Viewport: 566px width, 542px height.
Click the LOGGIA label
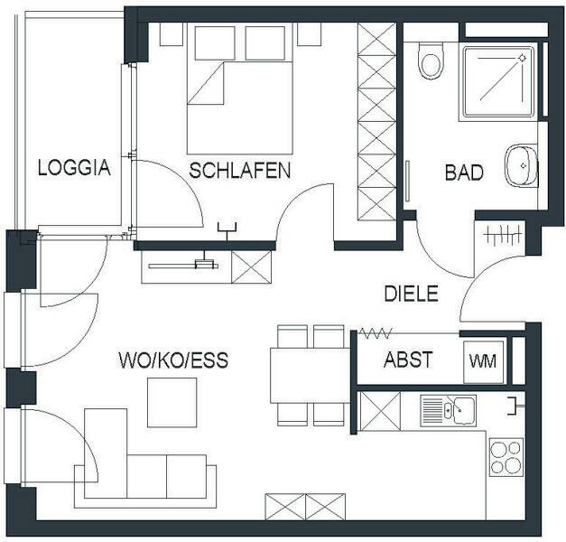[x=74, y=168]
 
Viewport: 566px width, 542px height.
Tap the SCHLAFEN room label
[x=240, y=171]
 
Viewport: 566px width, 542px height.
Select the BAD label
[x=464, y=173]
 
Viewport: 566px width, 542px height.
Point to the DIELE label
[x=411, y=294]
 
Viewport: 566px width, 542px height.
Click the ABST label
[x=408, y=360]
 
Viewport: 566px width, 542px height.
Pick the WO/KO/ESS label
[x=173, y=360]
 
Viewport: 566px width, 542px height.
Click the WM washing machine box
[x=483, y=361]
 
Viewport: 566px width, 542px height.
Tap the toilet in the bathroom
[x=430, y=61]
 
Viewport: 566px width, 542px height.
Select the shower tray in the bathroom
[x=498, y=83]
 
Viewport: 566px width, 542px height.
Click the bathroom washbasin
[x=521, y=165]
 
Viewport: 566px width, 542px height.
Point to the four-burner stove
[x=506, y=457]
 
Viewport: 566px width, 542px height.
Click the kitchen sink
[x=449, y=410]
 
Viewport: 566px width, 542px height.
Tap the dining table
[x=311, y=376]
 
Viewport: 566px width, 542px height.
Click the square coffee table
[x=172, y=403]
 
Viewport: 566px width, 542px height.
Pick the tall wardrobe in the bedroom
[x=376, y=121]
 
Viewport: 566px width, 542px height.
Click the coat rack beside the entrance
[x=503, y=235]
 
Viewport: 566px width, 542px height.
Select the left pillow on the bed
[x=216, y=42]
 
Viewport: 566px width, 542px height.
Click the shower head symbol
[x=522, y=58]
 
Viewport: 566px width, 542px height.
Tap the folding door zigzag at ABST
[x=376, y=333]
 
